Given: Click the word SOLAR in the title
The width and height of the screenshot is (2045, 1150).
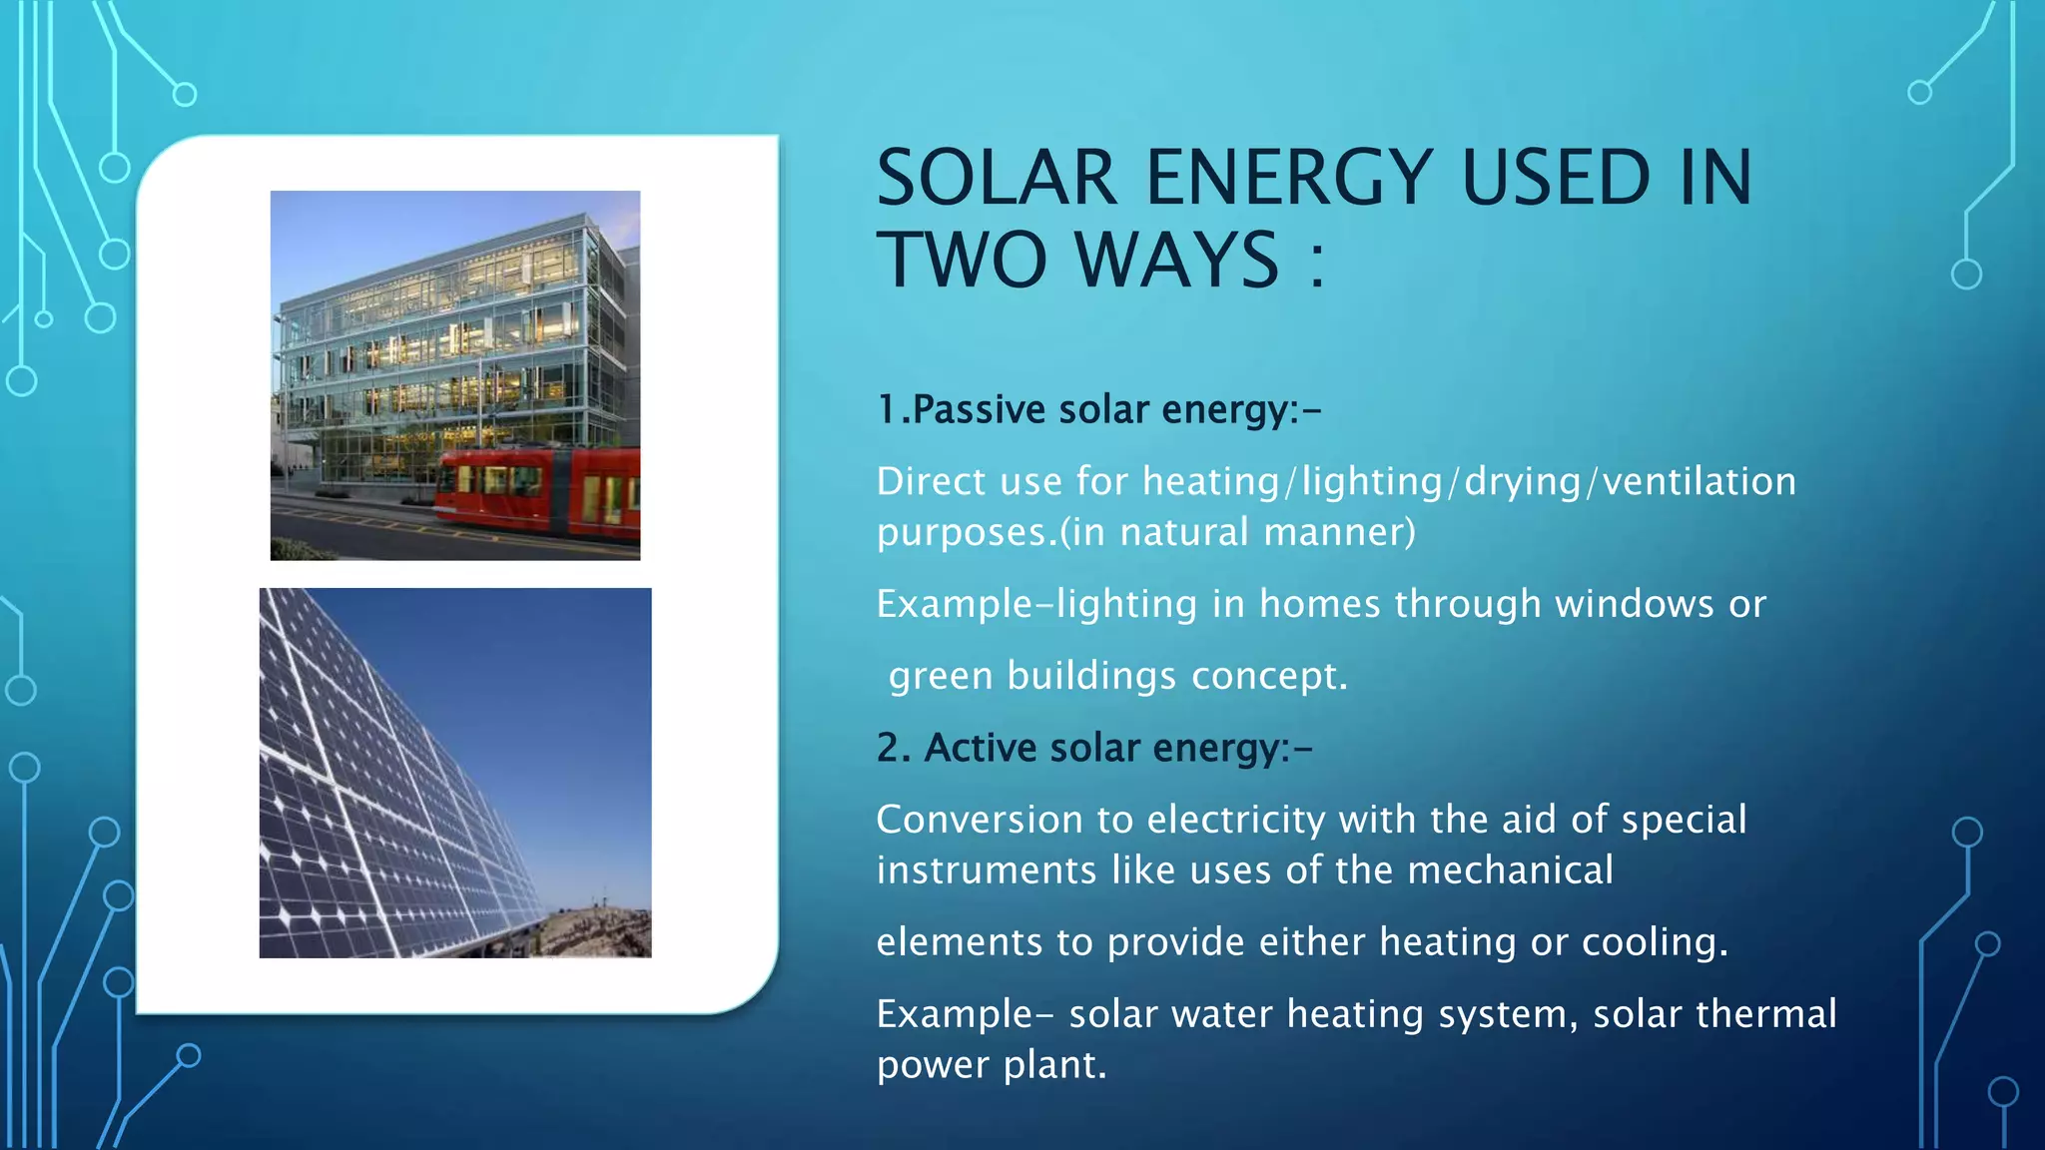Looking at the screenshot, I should click(996, 178).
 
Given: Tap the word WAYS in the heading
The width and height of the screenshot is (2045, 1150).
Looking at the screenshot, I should click(1177, 260).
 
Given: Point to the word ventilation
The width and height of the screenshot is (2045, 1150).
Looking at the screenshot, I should click(1700, 482).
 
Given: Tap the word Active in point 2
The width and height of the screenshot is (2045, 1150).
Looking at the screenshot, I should click(981, 748).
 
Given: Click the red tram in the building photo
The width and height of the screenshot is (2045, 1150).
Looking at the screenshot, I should click(539, 491).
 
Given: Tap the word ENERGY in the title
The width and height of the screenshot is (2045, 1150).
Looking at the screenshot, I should click(1289, 178).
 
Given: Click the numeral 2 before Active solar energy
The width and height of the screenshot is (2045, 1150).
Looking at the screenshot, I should click(888, 748).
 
